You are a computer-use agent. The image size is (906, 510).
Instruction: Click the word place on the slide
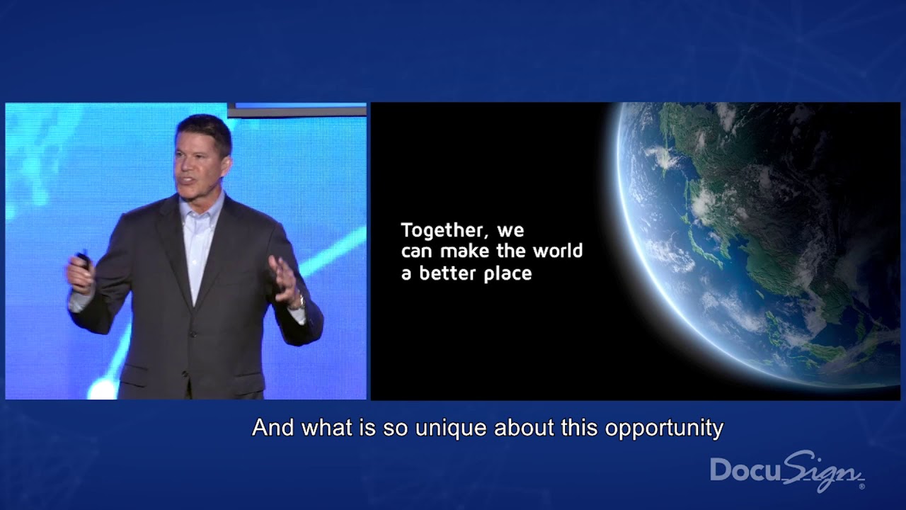508,274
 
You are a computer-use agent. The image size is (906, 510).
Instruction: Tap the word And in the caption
273,428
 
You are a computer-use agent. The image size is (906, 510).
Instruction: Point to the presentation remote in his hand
83,261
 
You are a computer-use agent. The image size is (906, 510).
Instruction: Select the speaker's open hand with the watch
285,280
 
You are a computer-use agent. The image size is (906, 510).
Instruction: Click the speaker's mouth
188,183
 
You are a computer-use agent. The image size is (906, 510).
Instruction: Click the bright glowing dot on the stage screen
103,387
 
